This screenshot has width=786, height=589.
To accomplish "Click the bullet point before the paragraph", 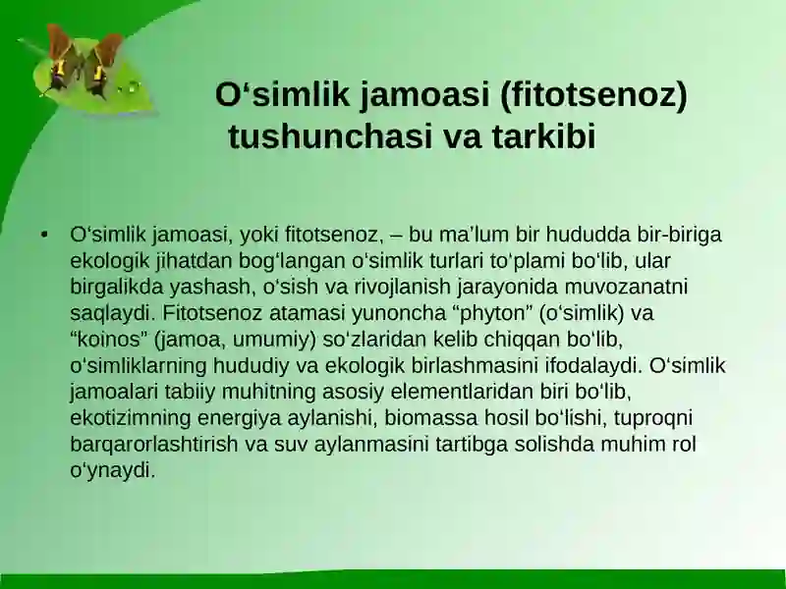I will point(44,236).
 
